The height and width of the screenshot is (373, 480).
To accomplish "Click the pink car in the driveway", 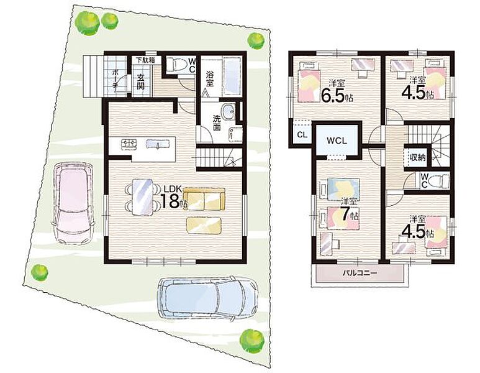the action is click(73, 203).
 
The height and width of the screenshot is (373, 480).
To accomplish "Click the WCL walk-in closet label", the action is click(337, 140).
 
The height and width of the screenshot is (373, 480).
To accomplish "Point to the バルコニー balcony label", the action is click(360, 273).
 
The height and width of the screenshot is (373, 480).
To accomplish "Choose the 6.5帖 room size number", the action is click(337, 94).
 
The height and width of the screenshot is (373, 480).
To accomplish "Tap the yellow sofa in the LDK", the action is click(204, 198).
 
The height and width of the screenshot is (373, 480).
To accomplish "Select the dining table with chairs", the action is click(142, 198).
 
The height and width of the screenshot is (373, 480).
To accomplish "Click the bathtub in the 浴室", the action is click(232, 76).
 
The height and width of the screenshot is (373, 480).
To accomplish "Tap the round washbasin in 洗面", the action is click(228, 111).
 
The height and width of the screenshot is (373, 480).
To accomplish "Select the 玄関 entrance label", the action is click(140, 81).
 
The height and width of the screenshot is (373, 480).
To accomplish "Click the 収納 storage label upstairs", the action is click(418, 157).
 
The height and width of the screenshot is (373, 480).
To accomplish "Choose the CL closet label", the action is click(302, 134).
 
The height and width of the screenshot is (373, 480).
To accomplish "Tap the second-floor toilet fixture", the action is click(439, 180).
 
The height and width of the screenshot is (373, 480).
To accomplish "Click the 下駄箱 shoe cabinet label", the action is click(145, 60).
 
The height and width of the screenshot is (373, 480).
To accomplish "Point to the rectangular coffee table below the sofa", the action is click(204, 224).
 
